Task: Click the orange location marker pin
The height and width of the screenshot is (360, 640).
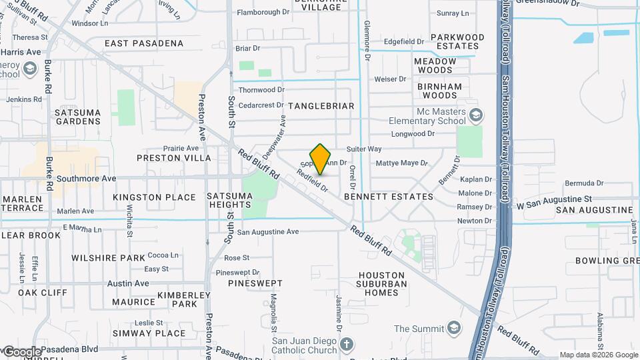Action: tap(321, 159)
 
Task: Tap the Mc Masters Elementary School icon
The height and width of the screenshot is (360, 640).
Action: tap(475, 116)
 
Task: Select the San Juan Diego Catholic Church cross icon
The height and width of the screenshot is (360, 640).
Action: tap(346, 344)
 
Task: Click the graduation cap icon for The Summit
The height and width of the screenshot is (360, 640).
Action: tap(454, 329)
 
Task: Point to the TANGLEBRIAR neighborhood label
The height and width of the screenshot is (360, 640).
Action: tap(321, 106)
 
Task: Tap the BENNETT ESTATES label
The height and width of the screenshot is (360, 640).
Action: tap(389, 197)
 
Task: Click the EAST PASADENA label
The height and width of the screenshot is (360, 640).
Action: tap(144, 43)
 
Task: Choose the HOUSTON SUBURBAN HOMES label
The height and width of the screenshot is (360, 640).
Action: tap(383, 283)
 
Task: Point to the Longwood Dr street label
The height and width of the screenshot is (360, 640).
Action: tap(413, 133)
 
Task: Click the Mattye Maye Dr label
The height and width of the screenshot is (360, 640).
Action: tap(401, 163)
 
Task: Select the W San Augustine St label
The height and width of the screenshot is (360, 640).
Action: tap(555, 199)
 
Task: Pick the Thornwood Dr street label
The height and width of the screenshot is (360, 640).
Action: tap(261, 89)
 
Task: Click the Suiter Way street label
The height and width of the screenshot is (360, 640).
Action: tap(364, 149)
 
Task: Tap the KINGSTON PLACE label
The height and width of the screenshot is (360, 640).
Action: tap(155, 197)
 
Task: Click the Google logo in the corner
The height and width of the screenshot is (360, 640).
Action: tap(21, 351)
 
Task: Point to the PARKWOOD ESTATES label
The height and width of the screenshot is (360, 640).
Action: tap(457, 41)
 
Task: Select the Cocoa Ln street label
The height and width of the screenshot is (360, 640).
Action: tap(163, 255)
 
